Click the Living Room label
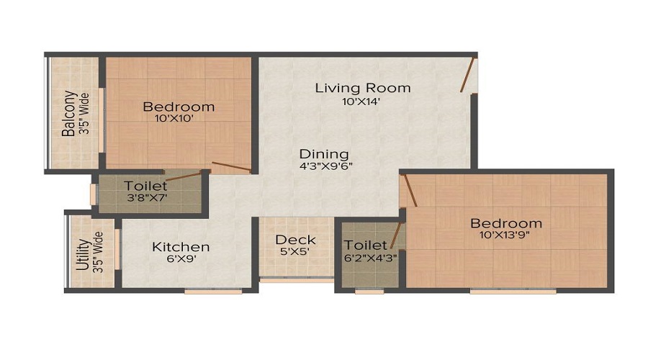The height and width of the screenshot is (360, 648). click(363, 88)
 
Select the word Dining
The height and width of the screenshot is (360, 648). click(324, 153)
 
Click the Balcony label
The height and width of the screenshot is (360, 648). click(69, 114)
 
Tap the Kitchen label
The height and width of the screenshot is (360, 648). click(181, 247)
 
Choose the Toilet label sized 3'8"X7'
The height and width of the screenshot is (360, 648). click(145, 186)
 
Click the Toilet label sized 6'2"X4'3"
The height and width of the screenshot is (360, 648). click(366, 246)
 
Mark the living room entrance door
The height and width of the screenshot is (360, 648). click(468, 75)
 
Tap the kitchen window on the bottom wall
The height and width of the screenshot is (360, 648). click(204, 292)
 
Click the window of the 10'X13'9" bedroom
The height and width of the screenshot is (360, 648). click(513, 292)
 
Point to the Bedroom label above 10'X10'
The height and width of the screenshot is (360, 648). click(179, 107)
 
